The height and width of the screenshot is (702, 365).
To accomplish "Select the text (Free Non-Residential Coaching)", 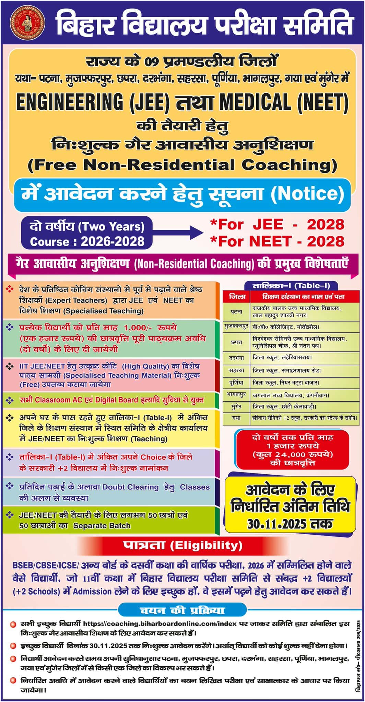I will pos(182,165).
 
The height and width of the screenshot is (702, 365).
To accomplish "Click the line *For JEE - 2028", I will pos(277,225).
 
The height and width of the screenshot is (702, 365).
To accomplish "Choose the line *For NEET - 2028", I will pos(277,241).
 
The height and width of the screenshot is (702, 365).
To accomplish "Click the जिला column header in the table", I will pos(237,297).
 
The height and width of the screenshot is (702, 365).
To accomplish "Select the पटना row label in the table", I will pos(236,311).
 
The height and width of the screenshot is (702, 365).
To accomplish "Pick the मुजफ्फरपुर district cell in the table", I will pos(236,327).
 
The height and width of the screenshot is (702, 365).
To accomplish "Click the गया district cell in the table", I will pos(236,418).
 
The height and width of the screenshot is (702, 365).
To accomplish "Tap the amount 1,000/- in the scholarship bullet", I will pos(138,327).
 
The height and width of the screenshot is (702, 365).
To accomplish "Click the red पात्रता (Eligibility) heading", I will pos(182,545).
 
